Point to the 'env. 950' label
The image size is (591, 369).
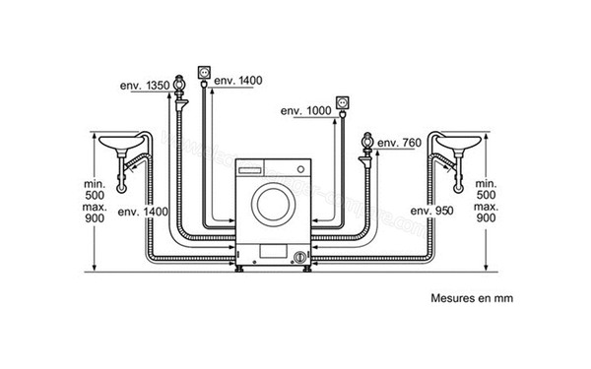pyautogui.click(x=434, y=212)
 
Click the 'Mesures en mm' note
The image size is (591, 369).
pyautogui.click(x=471, y=296)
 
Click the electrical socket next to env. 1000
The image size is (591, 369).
pyautogui.click(x=343, y=102)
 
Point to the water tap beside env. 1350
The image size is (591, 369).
pyautogui.click(x=179, y=89)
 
